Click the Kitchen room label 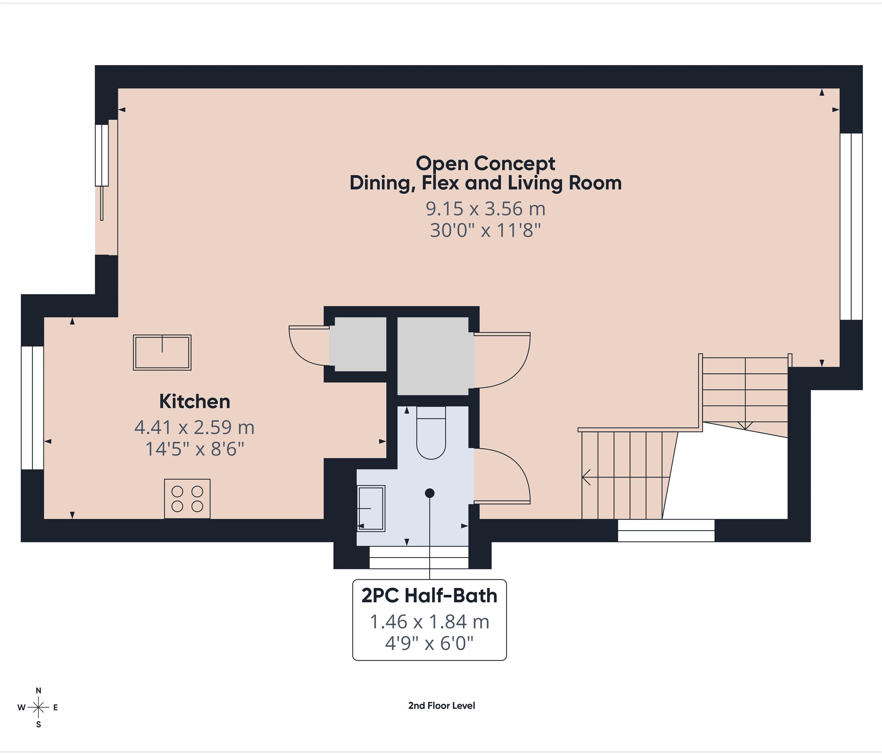[x=195, y=401]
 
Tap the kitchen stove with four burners [x=187, y=499]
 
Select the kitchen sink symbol [x=162, y=352]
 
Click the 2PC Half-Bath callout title [x=429, y=595]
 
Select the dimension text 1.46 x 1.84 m [x=429, y=622]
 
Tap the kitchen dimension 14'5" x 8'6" [x=195, y=449]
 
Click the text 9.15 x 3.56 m [x=485, y=208]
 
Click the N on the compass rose [x=38, y=690]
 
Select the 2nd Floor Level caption [x=441, y=706]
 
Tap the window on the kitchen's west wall [x=32, y=408]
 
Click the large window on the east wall [x=851, y=226]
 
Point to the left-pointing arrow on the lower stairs [x=587, y=477]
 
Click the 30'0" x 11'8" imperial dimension [x=485, y=231]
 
